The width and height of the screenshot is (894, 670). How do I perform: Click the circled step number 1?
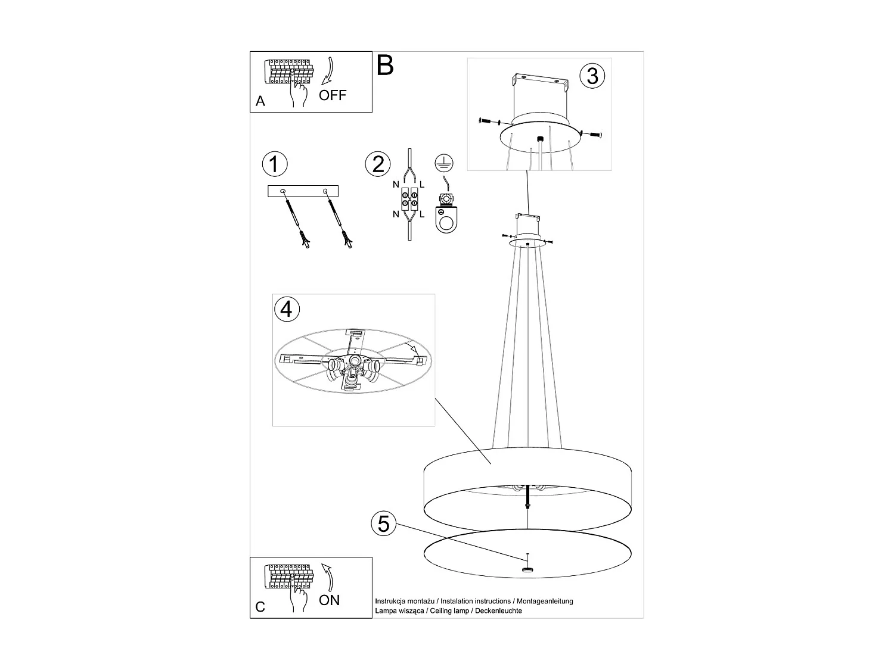point(275,164)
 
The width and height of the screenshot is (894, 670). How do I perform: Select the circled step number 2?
point(377,164)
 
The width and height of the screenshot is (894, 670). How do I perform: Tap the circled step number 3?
point(592,76)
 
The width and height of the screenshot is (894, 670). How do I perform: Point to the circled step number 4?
point(287,308)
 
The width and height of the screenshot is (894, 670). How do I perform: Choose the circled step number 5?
point(384,523)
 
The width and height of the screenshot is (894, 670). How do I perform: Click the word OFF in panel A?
point(333,95)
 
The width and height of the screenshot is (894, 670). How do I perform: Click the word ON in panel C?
point(329,600)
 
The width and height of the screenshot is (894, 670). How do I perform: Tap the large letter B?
point(385,65)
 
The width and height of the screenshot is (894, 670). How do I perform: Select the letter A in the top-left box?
point(260,101)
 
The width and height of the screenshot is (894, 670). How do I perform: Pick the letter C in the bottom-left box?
point(260,607)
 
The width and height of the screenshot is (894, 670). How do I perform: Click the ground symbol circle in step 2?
point(444,163)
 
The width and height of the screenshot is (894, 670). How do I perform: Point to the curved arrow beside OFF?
point(327,71)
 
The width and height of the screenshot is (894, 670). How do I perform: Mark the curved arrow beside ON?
point(327,577)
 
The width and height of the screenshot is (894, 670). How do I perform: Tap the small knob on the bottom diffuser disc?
point(527,569)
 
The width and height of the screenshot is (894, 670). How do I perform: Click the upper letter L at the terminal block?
point(422,185)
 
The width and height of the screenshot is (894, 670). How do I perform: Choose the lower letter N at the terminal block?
point(396,214)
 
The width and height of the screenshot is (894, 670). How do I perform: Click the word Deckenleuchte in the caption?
point(498,610)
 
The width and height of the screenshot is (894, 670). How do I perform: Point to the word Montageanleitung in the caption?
point(545,601)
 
